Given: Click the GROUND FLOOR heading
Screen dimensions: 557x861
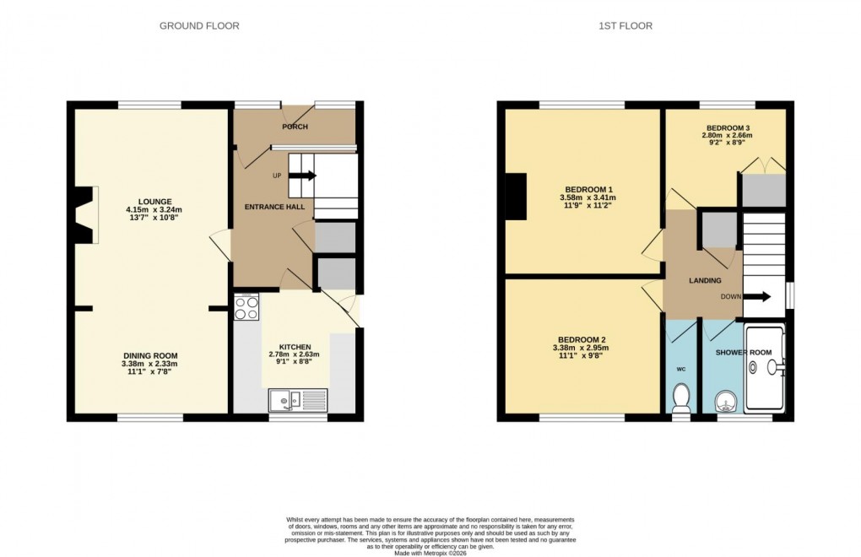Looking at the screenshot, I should point(199,26).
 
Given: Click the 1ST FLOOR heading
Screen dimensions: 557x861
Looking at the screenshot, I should point(625,26).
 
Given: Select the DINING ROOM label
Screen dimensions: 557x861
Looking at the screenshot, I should point(149,355).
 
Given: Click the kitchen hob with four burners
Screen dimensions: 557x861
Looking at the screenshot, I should point(246,308).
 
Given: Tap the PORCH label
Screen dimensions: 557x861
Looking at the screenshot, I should point(295,127).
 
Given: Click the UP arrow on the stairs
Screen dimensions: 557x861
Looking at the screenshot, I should point(305,176).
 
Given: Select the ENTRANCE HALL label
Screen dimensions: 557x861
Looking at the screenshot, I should point(268,207).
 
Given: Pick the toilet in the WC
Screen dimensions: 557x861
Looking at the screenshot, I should point(682,395).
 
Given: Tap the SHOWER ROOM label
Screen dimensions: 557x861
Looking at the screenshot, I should point(744,352).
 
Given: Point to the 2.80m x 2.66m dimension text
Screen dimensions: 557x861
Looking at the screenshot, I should point(729,135).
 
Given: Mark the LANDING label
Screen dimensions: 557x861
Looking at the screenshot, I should point(705,280).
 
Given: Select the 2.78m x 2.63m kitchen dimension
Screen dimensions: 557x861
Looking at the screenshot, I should point(295,354).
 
